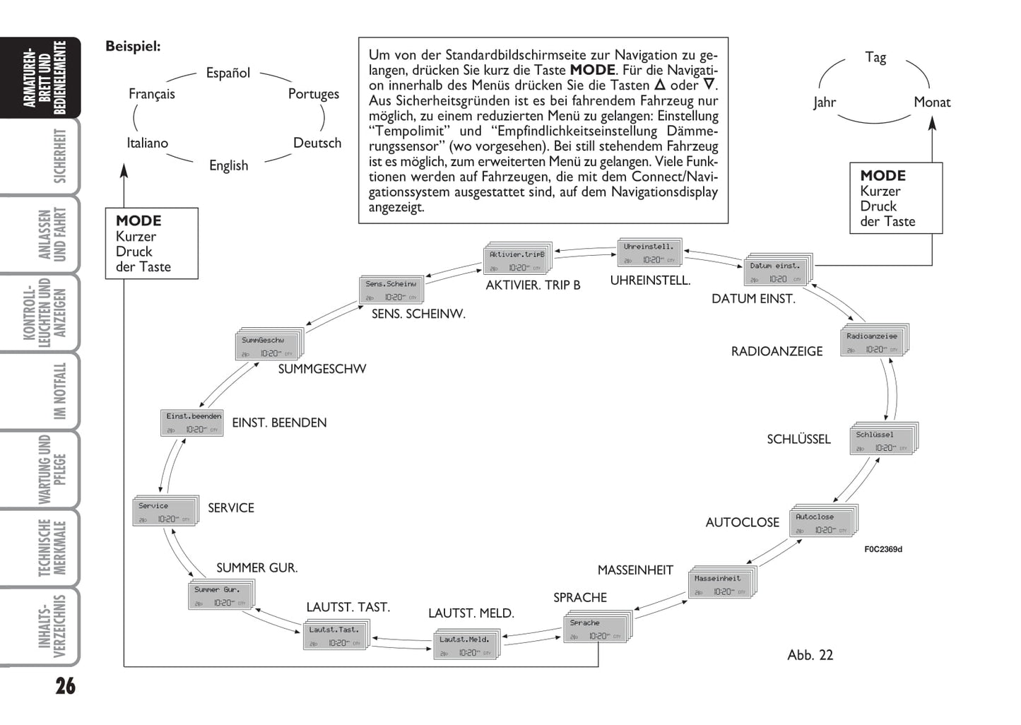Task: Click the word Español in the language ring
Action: click(228, 73)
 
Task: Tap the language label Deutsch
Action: click(317, 143)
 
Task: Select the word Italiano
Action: click(147, 143)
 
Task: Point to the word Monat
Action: click(931, 102)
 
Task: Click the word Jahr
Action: click(824, 102)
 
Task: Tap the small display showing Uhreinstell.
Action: click(649, 253)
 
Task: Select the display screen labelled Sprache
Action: click(596, 629)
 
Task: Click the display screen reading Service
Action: click(165, 512)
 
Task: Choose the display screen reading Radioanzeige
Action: click(872, 342)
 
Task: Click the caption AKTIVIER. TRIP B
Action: click(533, 285)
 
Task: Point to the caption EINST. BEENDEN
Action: click(279, 423)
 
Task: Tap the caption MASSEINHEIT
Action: click(635, 570)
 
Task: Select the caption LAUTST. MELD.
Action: click(471, 613)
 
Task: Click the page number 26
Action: click(65, 686)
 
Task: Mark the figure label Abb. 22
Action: click(810, 655)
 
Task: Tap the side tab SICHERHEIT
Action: click(60, 156)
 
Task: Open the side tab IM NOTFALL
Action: click(60, 391)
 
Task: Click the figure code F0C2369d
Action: click(883, 550)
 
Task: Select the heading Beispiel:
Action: click(133, 47)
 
